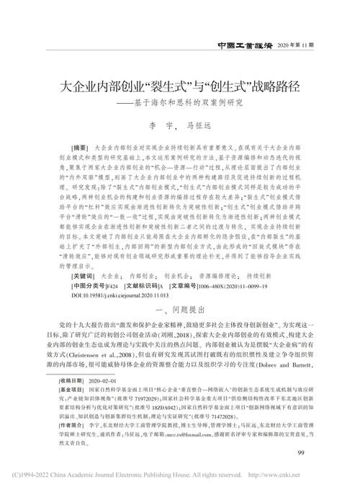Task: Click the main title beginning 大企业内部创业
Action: tap(180, 86)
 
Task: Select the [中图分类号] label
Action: tap(89, 285)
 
